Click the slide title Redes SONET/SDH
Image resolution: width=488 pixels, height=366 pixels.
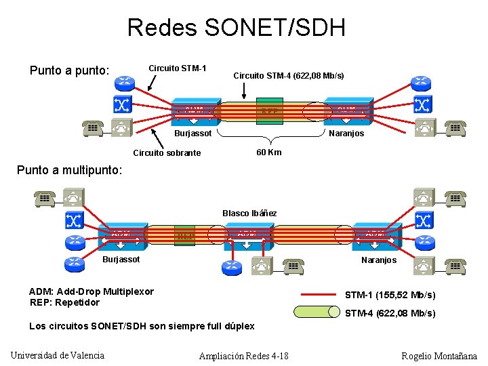pyautogui.click(x=237, y=28)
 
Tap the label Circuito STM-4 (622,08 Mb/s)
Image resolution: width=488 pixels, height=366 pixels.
pyautogui.click(x=288, y=75)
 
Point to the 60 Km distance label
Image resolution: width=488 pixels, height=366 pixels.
pyautogui.click(x=269, y=152)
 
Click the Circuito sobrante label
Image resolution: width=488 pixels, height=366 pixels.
pyautogui.click(x=167, y=152)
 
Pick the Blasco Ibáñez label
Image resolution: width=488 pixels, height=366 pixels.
pyautogui.click(x=249, y=213)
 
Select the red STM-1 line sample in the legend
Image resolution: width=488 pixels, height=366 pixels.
pyautogui.click(x=316, y=295)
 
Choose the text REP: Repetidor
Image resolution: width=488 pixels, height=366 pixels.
pyautogui.click(x=64, y=302)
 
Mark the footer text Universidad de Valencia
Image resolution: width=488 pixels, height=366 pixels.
pyautogui.click(x=58, y=356)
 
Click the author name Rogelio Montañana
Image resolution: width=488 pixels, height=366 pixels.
pyautogui.click(x=439, y=356)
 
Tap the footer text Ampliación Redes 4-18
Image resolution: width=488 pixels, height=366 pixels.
pyautogui.click(x=243, y=356)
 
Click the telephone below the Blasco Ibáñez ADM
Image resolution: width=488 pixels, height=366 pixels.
pyautogui.click(x=293, y=266)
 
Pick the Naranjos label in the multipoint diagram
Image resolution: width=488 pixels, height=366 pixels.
pyautogui.click(x=379, y=260)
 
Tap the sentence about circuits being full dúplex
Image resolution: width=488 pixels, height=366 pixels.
pyautogui.click(x=142, y=326)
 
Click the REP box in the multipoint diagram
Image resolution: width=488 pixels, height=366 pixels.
pyautogui.click(x=184, y=235)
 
